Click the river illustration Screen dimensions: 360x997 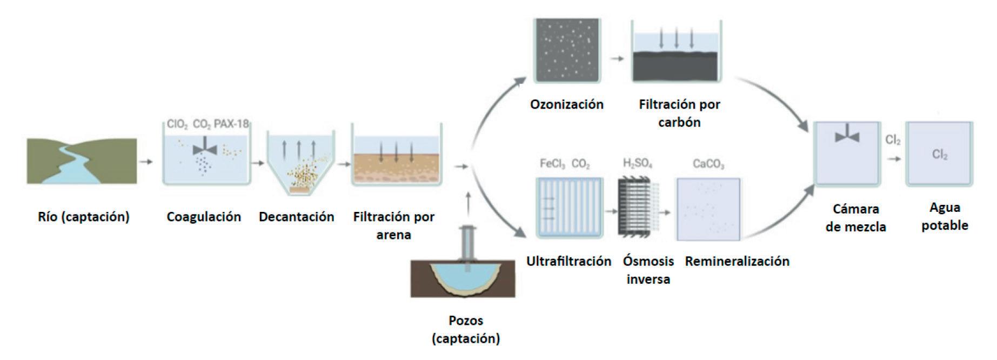(82, 161)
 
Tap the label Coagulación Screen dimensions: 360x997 (204, 217)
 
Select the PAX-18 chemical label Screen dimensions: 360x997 (231, 124)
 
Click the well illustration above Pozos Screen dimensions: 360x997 (463, 270)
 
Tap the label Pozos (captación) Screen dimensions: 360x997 (466, 329)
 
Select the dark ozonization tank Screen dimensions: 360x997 (567, 51)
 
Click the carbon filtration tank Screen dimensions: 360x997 (677, 54)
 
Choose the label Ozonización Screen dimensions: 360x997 (567, 104)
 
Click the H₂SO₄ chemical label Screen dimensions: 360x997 (638, 163)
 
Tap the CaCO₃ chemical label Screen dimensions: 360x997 (708, 164)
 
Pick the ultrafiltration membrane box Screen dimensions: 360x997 (569, 208)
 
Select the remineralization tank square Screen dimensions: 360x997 (708, 209)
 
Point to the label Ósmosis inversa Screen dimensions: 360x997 (648, 270)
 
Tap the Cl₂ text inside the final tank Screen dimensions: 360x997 (940, 155)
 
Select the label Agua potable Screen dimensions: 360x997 (945, 216)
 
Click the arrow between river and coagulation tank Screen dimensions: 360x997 (146, 161)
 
